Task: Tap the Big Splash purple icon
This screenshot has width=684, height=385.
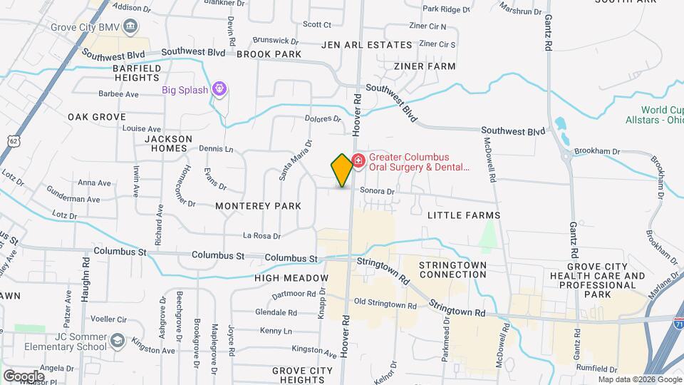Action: point(219,89)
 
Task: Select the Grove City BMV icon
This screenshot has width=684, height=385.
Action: point(130,28)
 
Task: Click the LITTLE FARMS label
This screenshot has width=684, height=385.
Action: point(464,215)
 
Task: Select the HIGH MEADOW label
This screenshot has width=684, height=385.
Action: point(291,277)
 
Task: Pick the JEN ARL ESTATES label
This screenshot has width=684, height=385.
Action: point(367,44)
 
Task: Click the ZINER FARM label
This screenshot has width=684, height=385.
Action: point(425,66)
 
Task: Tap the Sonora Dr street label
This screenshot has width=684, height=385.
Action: point(377,191)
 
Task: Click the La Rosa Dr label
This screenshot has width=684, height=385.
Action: point(261,235)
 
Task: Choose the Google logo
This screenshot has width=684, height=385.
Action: point(24,375)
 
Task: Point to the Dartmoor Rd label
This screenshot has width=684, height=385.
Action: point(294,294)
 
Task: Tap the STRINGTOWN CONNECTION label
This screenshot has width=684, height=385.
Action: point(452,269)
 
